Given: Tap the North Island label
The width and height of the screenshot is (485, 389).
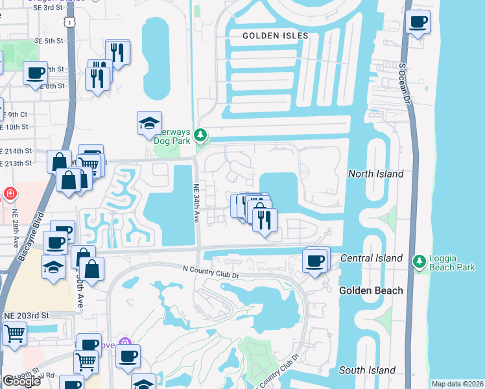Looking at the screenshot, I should tap(376, 174).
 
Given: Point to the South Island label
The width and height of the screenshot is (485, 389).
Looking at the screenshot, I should tap(367, 370).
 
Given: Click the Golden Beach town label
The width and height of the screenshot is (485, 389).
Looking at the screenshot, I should tap(371, 290).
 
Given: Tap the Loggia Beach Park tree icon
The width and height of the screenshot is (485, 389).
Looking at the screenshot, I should tap(419, 260).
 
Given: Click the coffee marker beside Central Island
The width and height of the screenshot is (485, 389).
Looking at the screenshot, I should tap(316, 261).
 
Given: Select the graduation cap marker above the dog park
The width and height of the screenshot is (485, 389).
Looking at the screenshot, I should tap(149, 123).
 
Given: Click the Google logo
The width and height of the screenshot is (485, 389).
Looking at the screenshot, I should tap(21, 381).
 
